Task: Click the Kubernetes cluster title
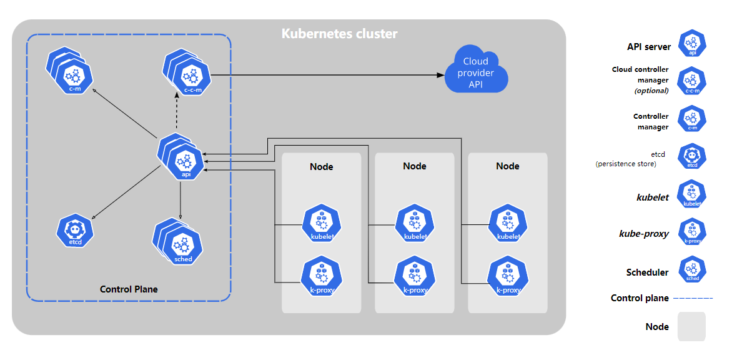(x=339, y=34)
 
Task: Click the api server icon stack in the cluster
(x=181, y=157)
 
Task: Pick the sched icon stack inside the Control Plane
(x=177, y=242)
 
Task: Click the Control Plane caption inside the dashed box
(x=129, y=289)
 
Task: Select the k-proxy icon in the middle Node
(x=415, y=276)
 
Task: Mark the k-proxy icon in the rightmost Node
(x=508, y=276)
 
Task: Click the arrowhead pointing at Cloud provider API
(x=440, y=75)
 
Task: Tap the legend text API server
(x=649, y=47)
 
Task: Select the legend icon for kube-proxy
(x=692, y=232)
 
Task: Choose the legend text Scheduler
(x=647, y=272)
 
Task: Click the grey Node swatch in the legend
(x=691, y=326)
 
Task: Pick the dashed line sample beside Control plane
(x=693, y=298)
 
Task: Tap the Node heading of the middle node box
(x=415, y=166)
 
